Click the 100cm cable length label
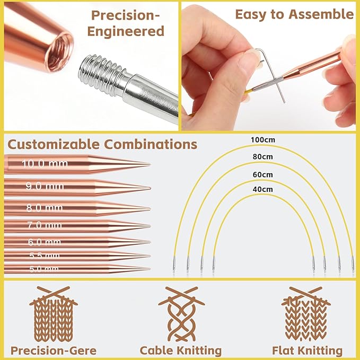[263, 140]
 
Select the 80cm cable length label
[263, 157]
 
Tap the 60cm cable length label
[263, 174]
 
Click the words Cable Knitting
[181, 350]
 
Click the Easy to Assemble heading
[294, 14]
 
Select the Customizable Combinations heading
[102, 144]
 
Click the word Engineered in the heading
[126, 31]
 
